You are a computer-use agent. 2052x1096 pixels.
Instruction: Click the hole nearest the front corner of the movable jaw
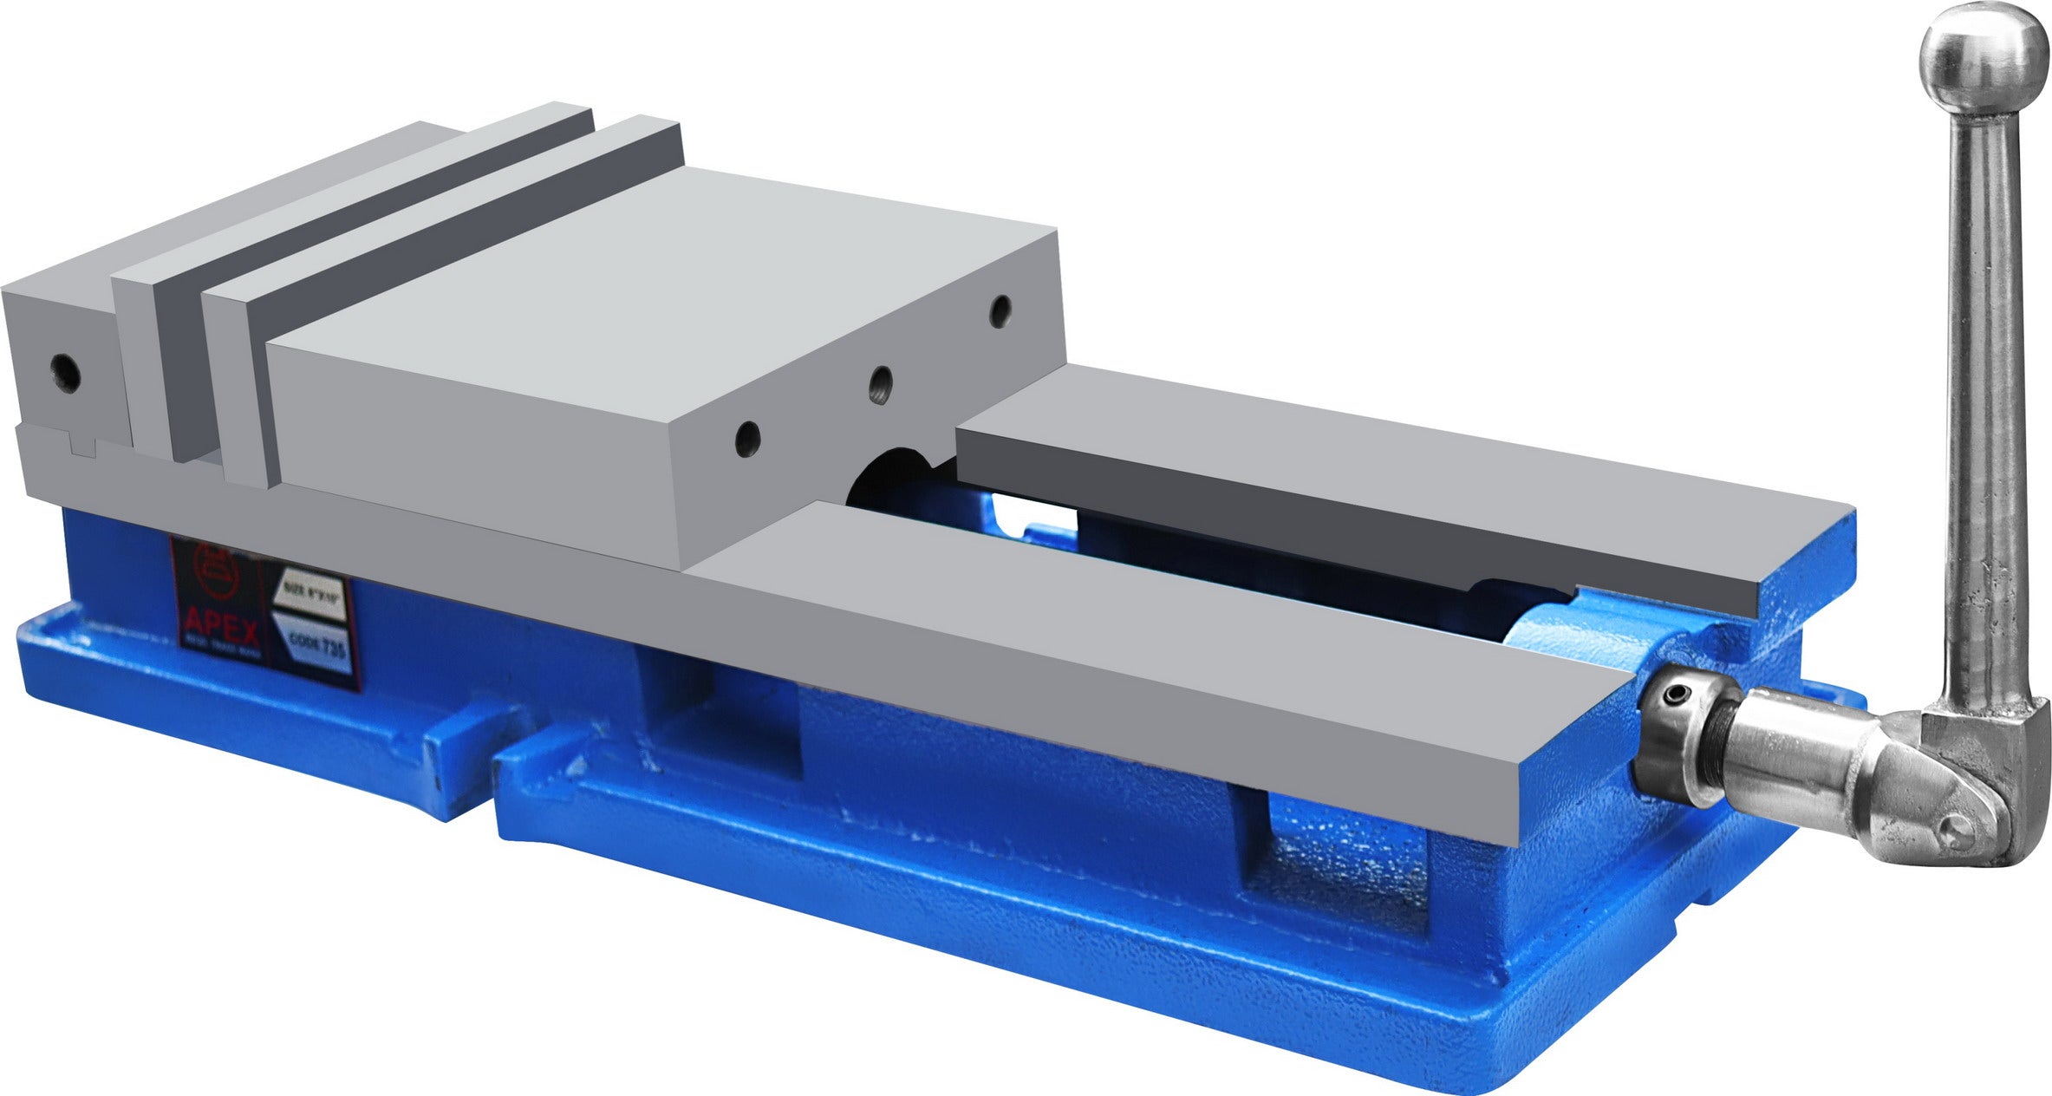pos(746,440)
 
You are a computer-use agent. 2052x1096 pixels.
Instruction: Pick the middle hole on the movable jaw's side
pos(881,382)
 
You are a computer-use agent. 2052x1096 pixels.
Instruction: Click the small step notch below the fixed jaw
pos(81,447)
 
